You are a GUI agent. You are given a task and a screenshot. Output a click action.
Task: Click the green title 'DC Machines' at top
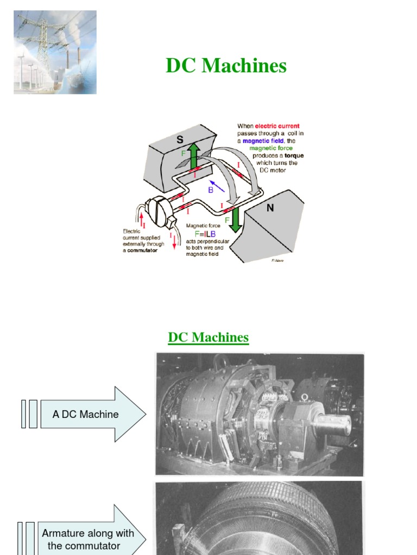point(226,66)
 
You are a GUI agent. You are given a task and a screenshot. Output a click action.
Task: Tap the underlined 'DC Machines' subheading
point(208,337)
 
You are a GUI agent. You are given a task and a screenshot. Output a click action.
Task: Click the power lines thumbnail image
point(55,52)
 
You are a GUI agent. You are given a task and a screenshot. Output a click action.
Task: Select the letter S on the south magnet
point(180,139)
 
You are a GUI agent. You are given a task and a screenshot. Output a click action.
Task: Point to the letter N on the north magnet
point(270,208)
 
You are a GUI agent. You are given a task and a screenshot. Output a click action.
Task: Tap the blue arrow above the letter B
point(217,186)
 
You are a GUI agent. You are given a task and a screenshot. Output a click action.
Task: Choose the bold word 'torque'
point(293,156)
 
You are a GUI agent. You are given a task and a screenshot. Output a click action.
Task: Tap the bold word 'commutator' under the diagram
point(142,250)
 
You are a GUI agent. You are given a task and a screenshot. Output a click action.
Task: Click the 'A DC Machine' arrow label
point(86,414)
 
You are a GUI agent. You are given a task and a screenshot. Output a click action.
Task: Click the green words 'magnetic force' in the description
point(270,148)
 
